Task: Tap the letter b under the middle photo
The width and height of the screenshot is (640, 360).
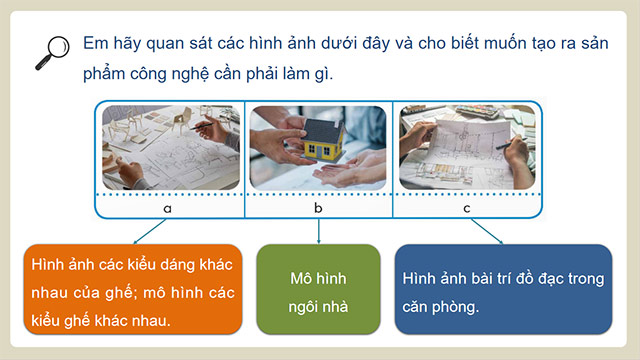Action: (x=318, y=208)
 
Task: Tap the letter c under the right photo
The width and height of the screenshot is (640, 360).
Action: (x=467, y=208)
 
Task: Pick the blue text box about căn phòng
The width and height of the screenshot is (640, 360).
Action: (x=502, y=289)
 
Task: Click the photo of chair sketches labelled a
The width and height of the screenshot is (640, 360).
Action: (x=169, y=147)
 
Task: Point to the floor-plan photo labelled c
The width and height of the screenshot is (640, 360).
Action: (x=465, y=147)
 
